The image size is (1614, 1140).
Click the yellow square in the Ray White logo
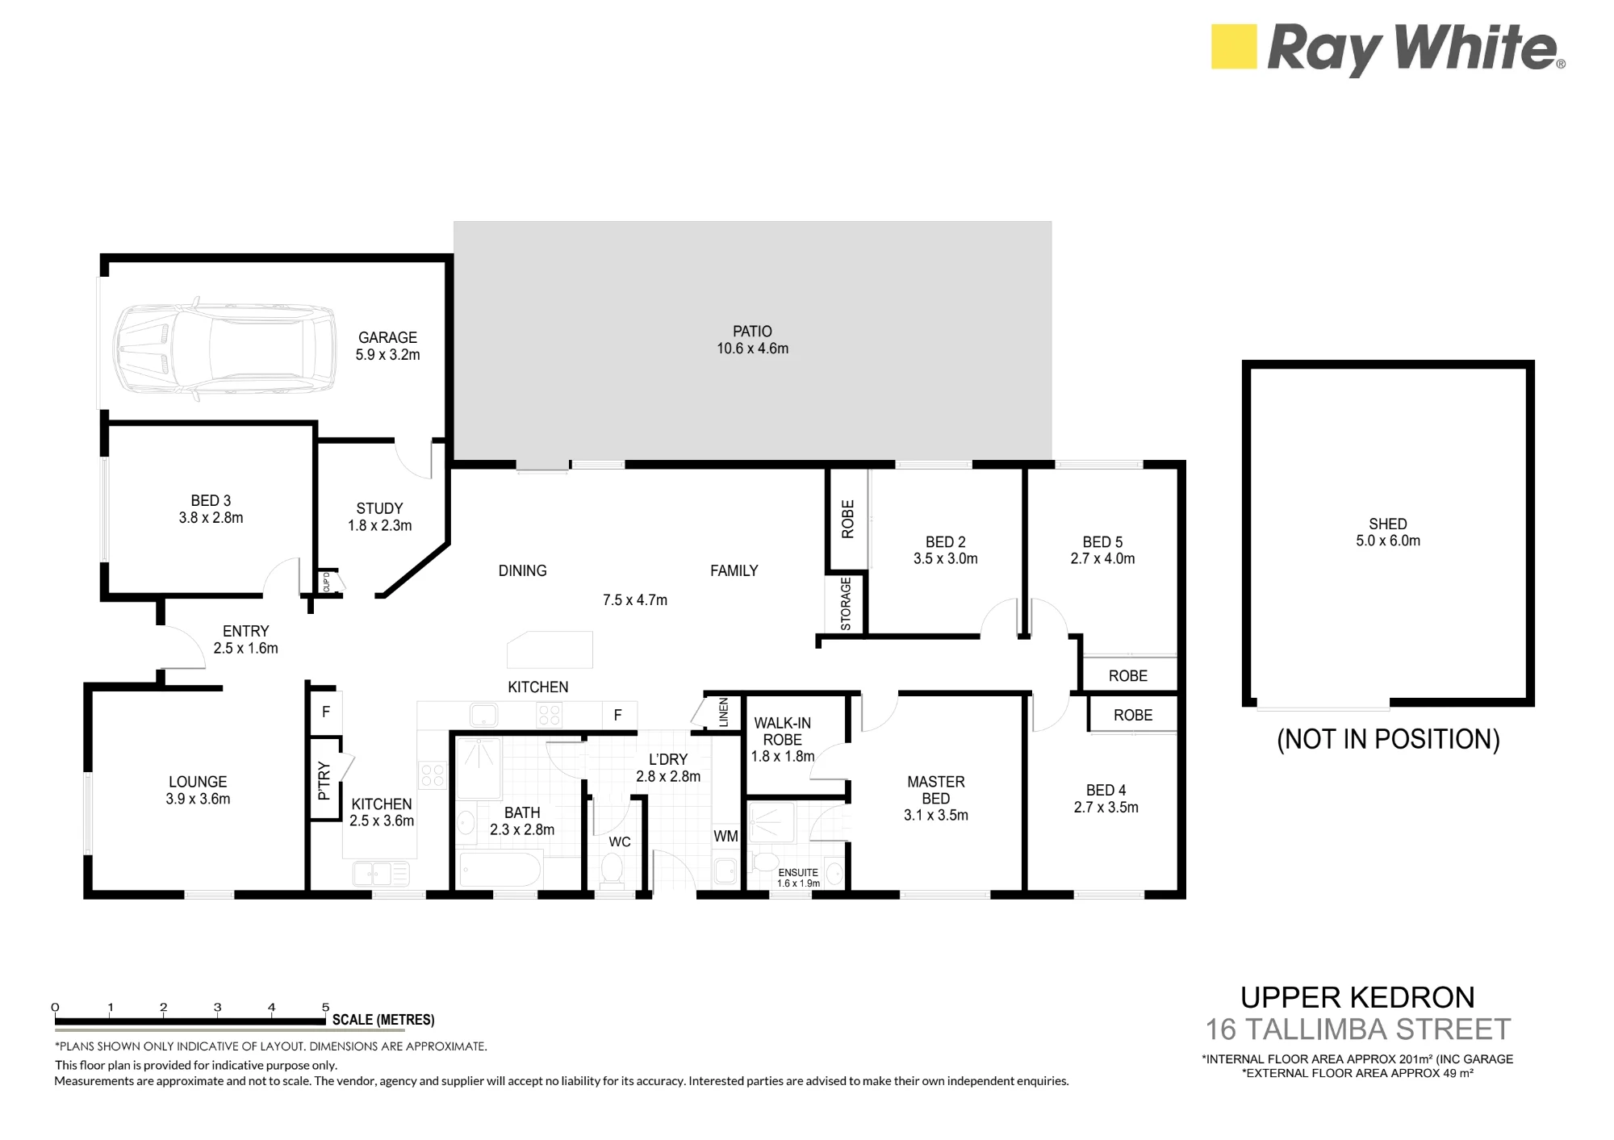tap(1234, 46)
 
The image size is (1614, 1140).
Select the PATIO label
tap(752, 332)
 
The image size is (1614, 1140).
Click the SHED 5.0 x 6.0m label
tap(1388, 532)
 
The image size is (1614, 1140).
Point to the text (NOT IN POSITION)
tap(1388, 739)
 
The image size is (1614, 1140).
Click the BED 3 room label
tap(211, 501)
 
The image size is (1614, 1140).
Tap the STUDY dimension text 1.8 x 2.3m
tap(379, 526)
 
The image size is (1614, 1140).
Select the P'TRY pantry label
tap(324, 780)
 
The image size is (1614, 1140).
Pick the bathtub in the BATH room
tap(500, 871)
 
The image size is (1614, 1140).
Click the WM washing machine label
tap(725, 837)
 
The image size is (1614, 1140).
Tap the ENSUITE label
tap(798, 872)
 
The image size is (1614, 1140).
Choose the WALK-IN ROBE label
tap(782, 732)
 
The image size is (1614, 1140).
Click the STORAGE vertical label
tap(846, 603)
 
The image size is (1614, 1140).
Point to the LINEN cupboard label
tap(723, 712)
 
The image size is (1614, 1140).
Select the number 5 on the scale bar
tap(326, 1007)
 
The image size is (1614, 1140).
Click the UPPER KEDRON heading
tap(1357, 998)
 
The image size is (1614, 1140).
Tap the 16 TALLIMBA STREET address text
tap(1358, 1029)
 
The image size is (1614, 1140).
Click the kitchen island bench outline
tap(550, 649)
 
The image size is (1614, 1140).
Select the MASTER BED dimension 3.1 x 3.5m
tap(936, 816)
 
